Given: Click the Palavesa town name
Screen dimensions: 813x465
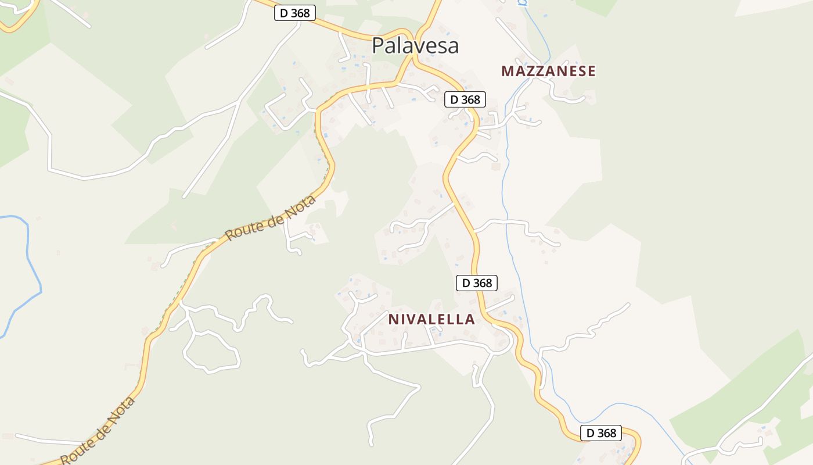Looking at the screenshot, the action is point(415,45).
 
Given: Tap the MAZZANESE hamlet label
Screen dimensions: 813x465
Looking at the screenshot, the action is point(548,71).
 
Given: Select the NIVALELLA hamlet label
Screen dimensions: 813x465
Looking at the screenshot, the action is point(431,319).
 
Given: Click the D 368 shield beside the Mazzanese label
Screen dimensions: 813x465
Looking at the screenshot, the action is point(465,99).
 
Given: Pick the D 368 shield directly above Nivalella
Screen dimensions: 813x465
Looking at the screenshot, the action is point(477,283).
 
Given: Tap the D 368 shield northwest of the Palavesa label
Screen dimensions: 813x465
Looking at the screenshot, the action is point(295,13).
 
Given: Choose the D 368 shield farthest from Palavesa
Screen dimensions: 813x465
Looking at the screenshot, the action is point(601,433).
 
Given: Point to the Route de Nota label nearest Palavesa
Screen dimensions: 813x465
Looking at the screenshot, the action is point(271,218).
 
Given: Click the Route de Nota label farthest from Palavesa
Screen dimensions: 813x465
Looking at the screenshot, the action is point(98,430).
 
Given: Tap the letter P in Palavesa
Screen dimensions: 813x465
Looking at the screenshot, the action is point(378,45).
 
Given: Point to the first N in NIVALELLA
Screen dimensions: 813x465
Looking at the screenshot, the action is point(393,319).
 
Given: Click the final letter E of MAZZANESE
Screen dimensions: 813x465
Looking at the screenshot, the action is point(591,71).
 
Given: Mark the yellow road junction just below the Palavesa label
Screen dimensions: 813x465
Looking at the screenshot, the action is point(413,58).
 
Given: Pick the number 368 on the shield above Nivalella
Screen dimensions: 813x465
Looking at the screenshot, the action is point(483,283).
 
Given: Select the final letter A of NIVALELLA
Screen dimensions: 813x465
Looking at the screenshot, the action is point(470,319).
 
